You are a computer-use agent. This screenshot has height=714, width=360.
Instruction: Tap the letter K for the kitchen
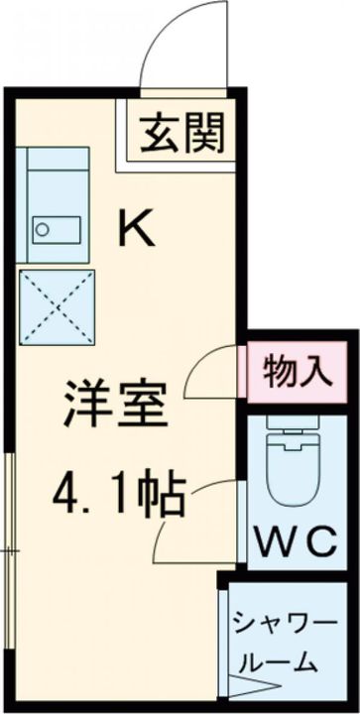139,229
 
